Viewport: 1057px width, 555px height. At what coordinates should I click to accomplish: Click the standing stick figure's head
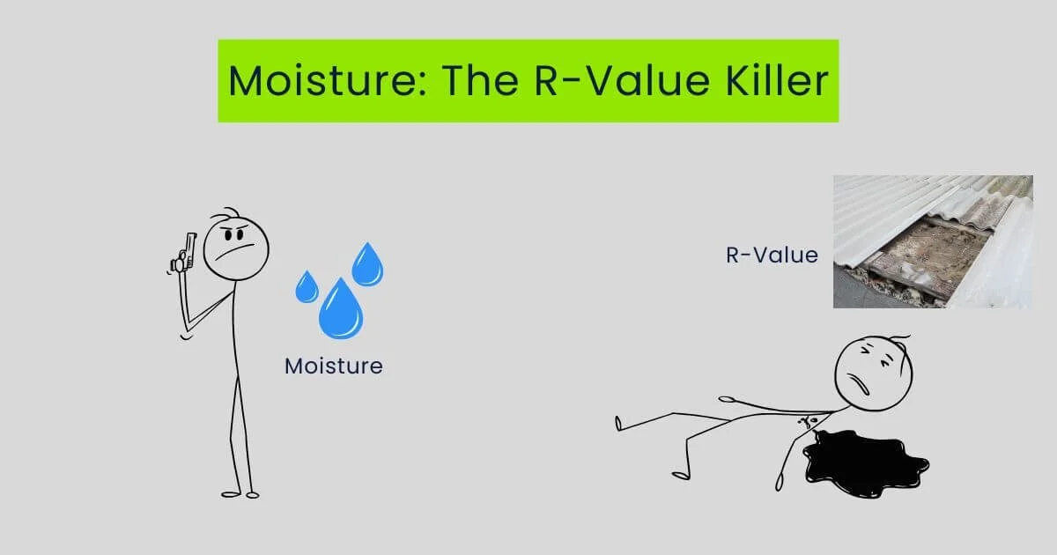[235, 247]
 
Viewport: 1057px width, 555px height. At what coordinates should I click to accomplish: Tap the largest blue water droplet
[340, 310]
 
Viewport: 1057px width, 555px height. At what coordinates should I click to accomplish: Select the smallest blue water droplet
[307, 286]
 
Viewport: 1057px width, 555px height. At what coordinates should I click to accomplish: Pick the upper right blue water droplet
[367, 264]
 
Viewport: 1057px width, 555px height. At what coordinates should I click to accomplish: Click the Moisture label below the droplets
[334, 365]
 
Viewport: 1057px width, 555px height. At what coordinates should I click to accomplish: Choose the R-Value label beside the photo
[772, 255]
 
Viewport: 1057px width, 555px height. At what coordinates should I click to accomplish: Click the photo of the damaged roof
[932, 241]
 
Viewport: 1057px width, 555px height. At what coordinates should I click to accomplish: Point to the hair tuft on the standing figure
[231, 213]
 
